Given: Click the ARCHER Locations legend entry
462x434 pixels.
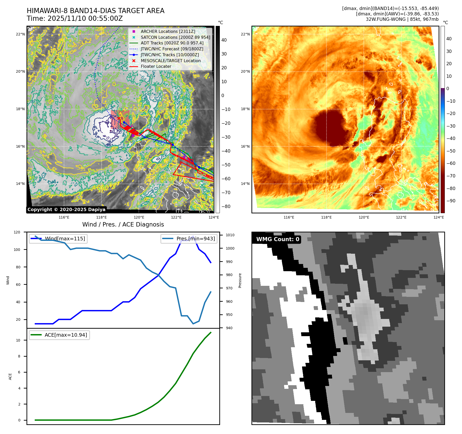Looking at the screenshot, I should tap(168, 31).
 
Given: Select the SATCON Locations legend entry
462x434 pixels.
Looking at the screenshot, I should tap(175, 37).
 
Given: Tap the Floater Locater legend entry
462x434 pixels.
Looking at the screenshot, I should tap(156, 66).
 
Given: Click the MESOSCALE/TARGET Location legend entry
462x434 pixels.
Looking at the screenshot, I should tap(171, 61).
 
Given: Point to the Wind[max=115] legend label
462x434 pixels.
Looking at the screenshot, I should tap(65, 239).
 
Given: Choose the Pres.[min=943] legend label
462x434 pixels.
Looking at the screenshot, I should tap(196, 239).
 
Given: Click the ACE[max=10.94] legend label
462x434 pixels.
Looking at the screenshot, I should tap(66, 335).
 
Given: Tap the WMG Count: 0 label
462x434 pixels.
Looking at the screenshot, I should tap(278, 239).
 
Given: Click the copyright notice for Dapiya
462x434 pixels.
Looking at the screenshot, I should tap(66, 210).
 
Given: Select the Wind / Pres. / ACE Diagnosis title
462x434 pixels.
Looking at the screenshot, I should tap(123, 224).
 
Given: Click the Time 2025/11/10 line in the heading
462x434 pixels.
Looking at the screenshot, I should tap(75, 19).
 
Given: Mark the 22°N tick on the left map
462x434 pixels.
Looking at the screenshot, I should tap(20, 34).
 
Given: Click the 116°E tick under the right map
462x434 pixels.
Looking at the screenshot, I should tap(289, 217).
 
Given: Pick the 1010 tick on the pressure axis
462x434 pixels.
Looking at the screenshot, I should tap(230, 235).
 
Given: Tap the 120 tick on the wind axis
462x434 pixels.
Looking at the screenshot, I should tap(17, 232).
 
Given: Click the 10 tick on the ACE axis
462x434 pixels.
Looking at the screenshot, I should tap(18, 340).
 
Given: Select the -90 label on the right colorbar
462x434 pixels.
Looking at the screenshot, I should tap(451, 201).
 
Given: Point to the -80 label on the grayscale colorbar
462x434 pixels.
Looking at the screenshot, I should tap(226, 206).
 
